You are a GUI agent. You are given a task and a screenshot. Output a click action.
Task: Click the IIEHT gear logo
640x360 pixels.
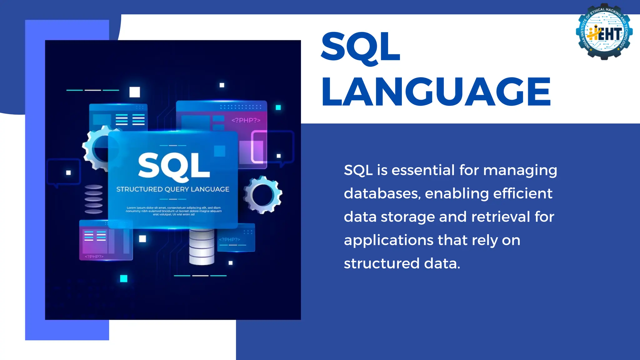604,32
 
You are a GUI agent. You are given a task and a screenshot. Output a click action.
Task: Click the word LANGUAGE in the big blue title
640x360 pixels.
436,92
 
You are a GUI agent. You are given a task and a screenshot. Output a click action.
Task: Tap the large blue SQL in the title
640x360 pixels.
361,47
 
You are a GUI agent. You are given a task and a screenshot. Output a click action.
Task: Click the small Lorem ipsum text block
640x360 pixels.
174,211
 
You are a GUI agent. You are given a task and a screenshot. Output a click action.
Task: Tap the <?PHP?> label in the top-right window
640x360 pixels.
246,120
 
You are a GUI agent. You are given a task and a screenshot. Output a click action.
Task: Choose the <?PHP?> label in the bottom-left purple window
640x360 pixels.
94,257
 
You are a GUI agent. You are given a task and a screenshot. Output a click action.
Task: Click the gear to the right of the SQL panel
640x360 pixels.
263,195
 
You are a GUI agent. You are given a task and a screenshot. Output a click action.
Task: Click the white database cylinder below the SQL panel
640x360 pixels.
202,247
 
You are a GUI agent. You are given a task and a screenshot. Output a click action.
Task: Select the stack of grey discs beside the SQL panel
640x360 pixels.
93,199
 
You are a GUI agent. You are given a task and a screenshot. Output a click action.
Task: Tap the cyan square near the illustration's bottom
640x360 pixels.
124,278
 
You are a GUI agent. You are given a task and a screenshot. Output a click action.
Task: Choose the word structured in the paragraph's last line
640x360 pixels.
382,263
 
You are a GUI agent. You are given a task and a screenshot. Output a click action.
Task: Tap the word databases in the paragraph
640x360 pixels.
382,193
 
